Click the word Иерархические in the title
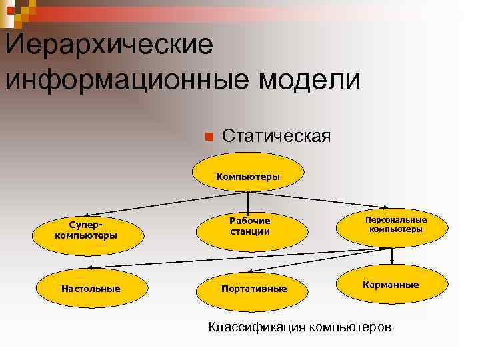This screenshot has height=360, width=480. [x=109, y=45]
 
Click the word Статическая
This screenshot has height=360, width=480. [x=276, y=136]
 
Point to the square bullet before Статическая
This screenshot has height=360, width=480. [x=208, y=137]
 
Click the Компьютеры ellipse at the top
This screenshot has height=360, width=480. [x=248, y=176]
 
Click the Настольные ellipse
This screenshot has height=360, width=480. [x=90, y=289]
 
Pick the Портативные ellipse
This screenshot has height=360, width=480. [x=253, y=289]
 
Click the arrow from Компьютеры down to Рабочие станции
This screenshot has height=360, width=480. [x=248, y=202]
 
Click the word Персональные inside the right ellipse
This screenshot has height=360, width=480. [x=396, y=219]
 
